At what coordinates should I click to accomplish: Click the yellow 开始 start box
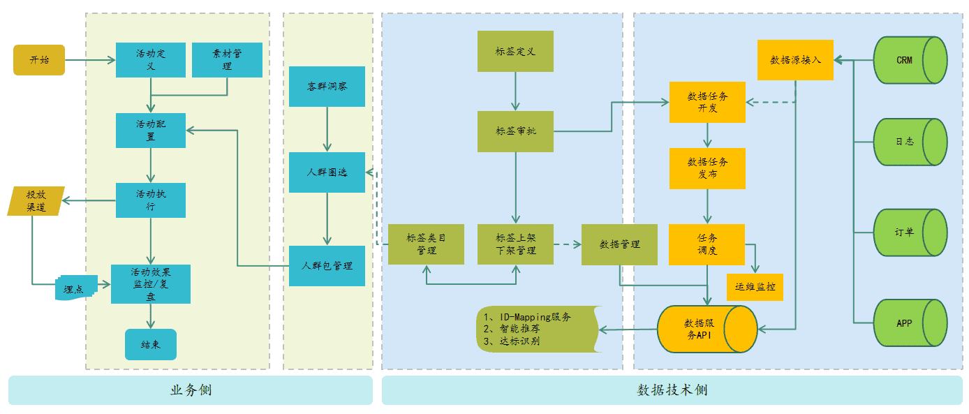coord(39,60)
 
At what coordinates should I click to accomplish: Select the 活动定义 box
coord(151,60)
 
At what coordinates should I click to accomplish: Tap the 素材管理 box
coord(227,60)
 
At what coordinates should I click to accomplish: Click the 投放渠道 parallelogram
coord(36,201)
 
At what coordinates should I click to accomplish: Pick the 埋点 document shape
coord(74,288)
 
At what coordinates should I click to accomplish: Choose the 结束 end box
coord(151,344)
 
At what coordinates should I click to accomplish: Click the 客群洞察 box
coord(327,87)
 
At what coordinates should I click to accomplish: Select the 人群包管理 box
coord(327,266)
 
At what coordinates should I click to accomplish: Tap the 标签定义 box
coord(515,51)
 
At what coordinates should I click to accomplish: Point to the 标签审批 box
coord(515,131)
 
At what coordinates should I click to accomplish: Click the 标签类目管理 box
coord(426,244)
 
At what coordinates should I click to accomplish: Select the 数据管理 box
coord(619,244)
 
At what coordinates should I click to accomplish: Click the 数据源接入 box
coord(795,60)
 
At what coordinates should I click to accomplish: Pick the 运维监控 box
coord(755,286)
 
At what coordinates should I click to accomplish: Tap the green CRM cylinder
coord(910,60)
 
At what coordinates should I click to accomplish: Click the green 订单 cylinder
coord(910,232)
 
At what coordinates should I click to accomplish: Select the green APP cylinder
coord(910,323)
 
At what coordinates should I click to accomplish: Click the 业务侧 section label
coord(190,390)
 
